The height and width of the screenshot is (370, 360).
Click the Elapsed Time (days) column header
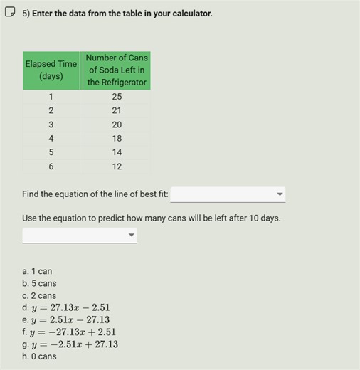tap(51, 70)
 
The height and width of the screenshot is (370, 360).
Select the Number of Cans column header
tap(117, 70)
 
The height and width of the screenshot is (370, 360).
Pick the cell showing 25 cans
tap(117, 97)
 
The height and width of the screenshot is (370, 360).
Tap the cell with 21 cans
tap(117, 110)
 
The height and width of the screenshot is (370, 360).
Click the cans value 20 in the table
tap(117, 125)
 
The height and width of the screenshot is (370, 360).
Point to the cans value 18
tap(117, 139)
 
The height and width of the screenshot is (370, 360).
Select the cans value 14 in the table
tap(117, 152)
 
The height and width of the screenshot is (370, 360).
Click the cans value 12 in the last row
tap(117, 166)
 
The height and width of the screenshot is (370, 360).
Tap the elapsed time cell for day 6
tap(51, 166)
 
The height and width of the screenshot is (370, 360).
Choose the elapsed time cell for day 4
tap(51, 139)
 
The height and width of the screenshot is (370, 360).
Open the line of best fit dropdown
tap(228, 194)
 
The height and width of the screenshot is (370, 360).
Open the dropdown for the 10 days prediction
tap(80, 235)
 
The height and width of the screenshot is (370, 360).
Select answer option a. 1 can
tap(37, 271)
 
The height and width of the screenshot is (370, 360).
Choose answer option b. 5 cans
tap(39, 283)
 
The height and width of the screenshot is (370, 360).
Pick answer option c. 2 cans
tap(39, 295)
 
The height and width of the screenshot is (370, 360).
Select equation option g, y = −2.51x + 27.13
tap(70, 344)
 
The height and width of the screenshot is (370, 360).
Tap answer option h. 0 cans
tap(39, 356)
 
